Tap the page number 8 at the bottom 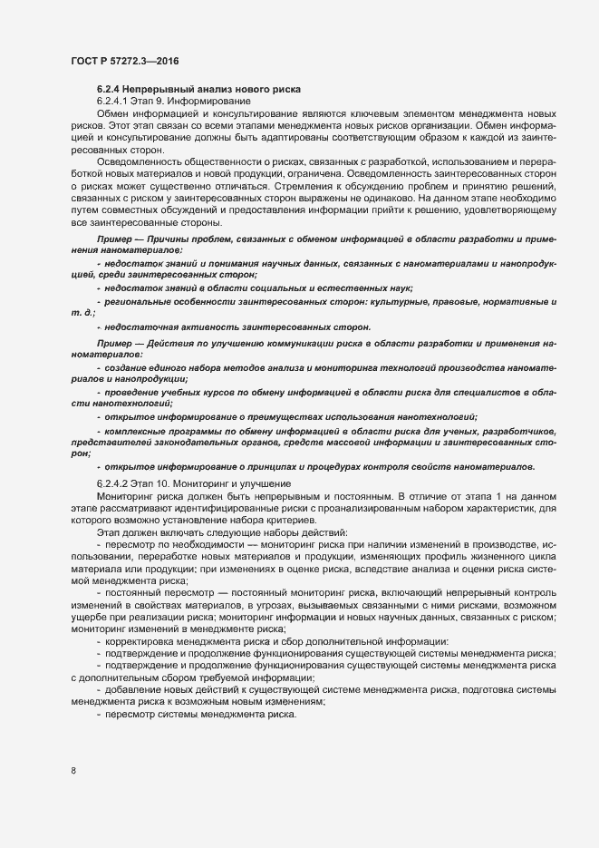point(73,771)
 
